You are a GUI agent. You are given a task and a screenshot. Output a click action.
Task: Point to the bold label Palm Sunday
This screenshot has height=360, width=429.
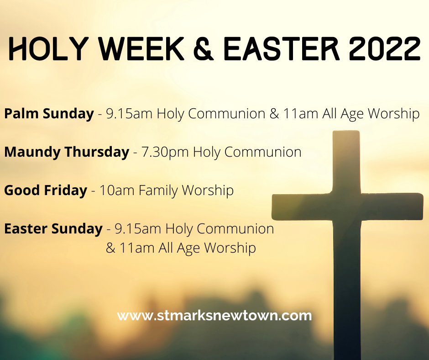(49, 114)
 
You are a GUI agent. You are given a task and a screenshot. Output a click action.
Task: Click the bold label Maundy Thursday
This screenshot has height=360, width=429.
(67, 152)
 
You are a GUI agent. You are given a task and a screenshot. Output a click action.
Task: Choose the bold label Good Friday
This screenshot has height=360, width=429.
(46, 190)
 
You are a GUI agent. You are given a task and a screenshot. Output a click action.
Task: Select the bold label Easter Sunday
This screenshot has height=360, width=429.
(53, 228)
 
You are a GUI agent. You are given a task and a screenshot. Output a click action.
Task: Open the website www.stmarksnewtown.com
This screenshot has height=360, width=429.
(214, 316)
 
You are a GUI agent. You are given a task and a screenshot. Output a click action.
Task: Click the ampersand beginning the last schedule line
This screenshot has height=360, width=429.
(110, 248)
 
